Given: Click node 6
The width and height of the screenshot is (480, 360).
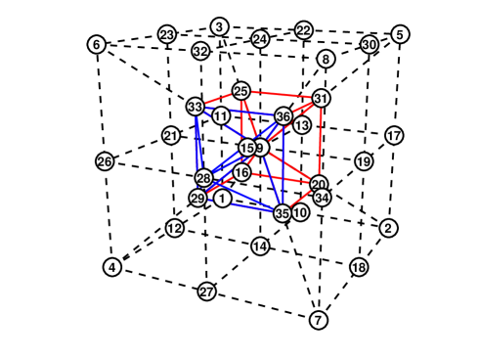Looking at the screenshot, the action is click(95, 45).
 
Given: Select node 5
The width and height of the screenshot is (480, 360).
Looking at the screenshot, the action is click(400, 34).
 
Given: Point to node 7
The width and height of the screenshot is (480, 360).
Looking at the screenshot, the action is click(319, 320).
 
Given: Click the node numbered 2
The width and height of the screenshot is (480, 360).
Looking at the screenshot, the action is click(388, 228).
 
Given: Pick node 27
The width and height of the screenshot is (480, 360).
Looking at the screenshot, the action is click(206, 292).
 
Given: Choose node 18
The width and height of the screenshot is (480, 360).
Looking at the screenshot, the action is click(359, 267).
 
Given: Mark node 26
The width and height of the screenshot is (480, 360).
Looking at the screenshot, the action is click(105, 160).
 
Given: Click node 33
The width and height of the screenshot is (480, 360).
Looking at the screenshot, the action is click(196, 106).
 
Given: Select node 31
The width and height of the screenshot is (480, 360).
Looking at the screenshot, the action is click(321, 99).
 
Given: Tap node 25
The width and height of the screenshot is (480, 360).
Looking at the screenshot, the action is click(241, 91).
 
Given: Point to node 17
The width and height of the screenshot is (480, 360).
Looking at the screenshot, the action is click(393, 135).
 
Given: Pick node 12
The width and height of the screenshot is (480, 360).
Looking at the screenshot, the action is click(174, 229).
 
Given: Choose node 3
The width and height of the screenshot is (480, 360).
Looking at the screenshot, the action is click(220, 26).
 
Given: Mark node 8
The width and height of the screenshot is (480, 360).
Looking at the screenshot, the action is click(326, 59).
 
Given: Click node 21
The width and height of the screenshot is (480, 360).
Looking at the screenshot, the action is click(171, 136).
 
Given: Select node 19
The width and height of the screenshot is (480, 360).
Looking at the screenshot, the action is click(363, 161).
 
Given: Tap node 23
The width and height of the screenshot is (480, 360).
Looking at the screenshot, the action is click(167, 35).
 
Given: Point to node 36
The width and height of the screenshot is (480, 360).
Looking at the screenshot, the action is click(284, 116).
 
